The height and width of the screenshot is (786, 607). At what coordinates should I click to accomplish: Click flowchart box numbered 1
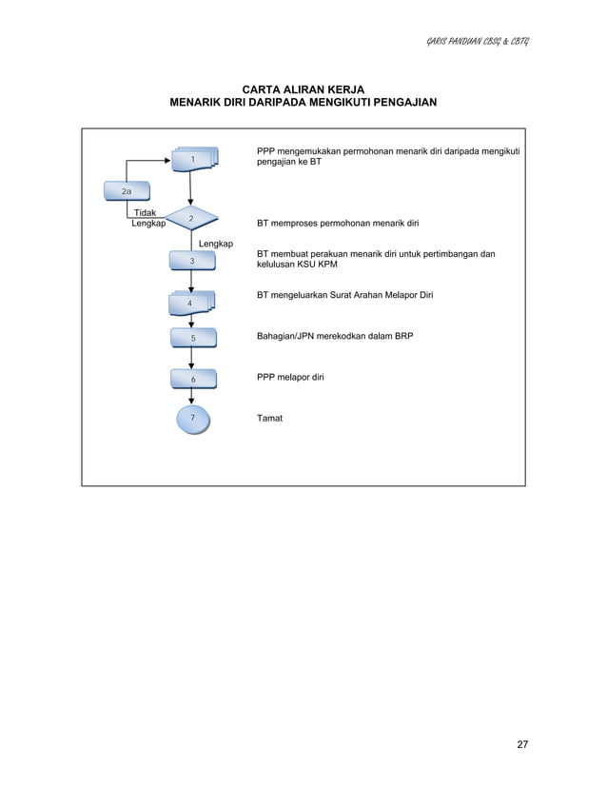193,159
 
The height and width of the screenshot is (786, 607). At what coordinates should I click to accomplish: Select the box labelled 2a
127,191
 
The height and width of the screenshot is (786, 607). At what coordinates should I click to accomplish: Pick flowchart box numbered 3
192,261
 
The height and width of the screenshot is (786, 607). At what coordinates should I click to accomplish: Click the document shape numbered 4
192,303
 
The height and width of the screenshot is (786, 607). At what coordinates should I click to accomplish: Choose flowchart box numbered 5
192,338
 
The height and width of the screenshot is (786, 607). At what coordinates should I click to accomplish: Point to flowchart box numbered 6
192,379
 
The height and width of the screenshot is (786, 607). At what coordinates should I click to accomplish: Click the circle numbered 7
192,419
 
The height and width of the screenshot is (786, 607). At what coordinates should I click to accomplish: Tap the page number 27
522,744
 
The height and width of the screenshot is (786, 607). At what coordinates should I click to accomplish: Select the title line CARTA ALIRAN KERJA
303,88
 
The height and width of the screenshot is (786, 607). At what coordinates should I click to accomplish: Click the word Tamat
270,419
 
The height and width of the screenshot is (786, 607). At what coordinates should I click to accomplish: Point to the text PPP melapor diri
290,378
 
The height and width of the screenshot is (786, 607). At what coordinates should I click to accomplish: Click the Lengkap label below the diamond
216,245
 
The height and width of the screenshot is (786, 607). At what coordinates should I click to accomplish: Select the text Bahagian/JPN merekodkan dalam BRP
335,337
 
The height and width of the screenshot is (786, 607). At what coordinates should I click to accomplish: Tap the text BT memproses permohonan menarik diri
338,225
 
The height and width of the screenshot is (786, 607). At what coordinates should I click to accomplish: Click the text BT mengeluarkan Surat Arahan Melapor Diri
344,296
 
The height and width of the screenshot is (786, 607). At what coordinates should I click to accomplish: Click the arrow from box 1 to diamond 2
192,188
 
